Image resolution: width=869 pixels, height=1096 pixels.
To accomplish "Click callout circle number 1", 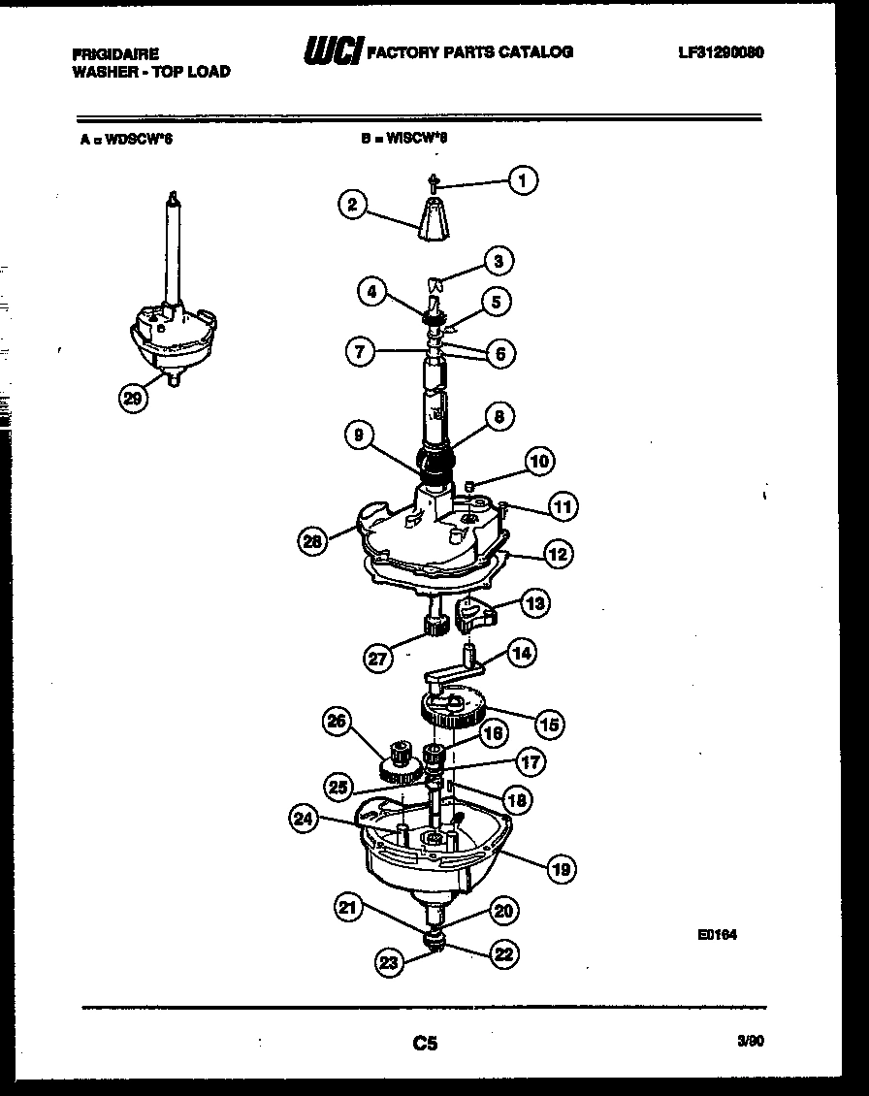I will click(523, 179).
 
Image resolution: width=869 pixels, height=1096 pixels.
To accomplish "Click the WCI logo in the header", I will click(333, 50).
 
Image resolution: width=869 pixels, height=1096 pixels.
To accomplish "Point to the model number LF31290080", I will click(721, 52).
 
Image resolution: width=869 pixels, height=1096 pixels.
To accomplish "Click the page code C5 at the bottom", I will click(425, 1044).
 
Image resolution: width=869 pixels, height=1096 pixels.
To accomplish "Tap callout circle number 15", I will click(551, 724).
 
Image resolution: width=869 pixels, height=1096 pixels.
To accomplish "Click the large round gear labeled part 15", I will click(453, 706).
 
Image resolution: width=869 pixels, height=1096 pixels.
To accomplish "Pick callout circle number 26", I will click(337, 721).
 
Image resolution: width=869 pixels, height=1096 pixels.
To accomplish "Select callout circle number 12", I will click(557, 555).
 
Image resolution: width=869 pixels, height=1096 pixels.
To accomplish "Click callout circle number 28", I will click(312, 541).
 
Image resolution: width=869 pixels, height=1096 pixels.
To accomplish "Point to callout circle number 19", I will click(561, 869).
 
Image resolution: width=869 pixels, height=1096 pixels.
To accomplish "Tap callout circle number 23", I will click(389, 962).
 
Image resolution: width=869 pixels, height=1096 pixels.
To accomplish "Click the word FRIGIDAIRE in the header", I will click(115, 54).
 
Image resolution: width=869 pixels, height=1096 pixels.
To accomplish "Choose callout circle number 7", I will click(360, 353).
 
